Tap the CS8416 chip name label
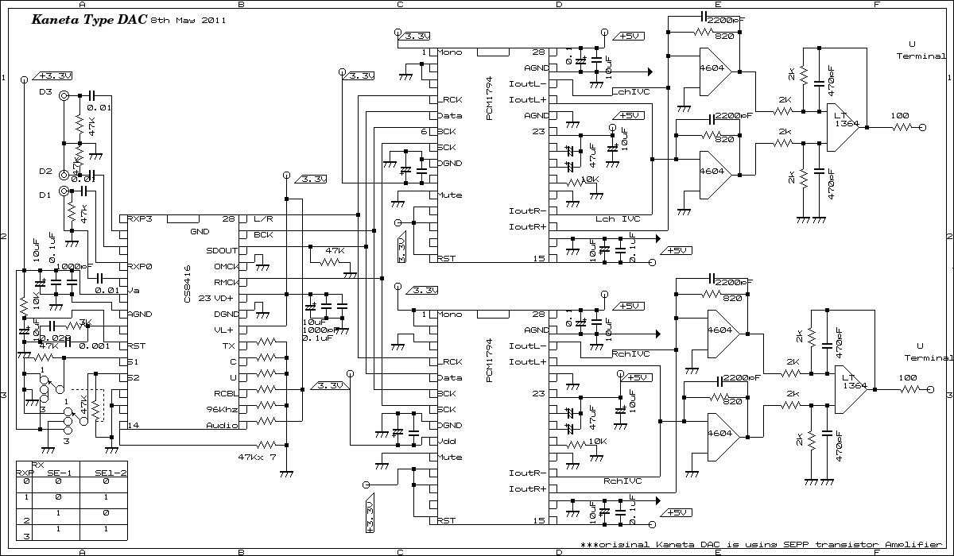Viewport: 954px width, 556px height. coord(187,284)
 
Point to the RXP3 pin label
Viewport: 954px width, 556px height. coord(140,218)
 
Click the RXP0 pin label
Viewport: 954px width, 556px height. coord(140,266)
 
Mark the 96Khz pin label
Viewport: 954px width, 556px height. coord(220,409)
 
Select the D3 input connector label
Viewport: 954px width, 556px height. coord(45,93)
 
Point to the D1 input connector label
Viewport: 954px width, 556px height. coord(45,195)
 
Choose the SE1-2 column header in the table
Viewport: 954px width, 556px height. coord(111,473)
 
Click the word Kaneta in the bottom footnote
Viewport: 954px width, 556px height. coord(678,545)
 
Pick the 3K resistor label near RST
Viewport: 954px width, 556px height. coord(86,322)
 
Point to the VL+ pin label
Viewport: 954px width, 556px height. coord(224,330)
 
